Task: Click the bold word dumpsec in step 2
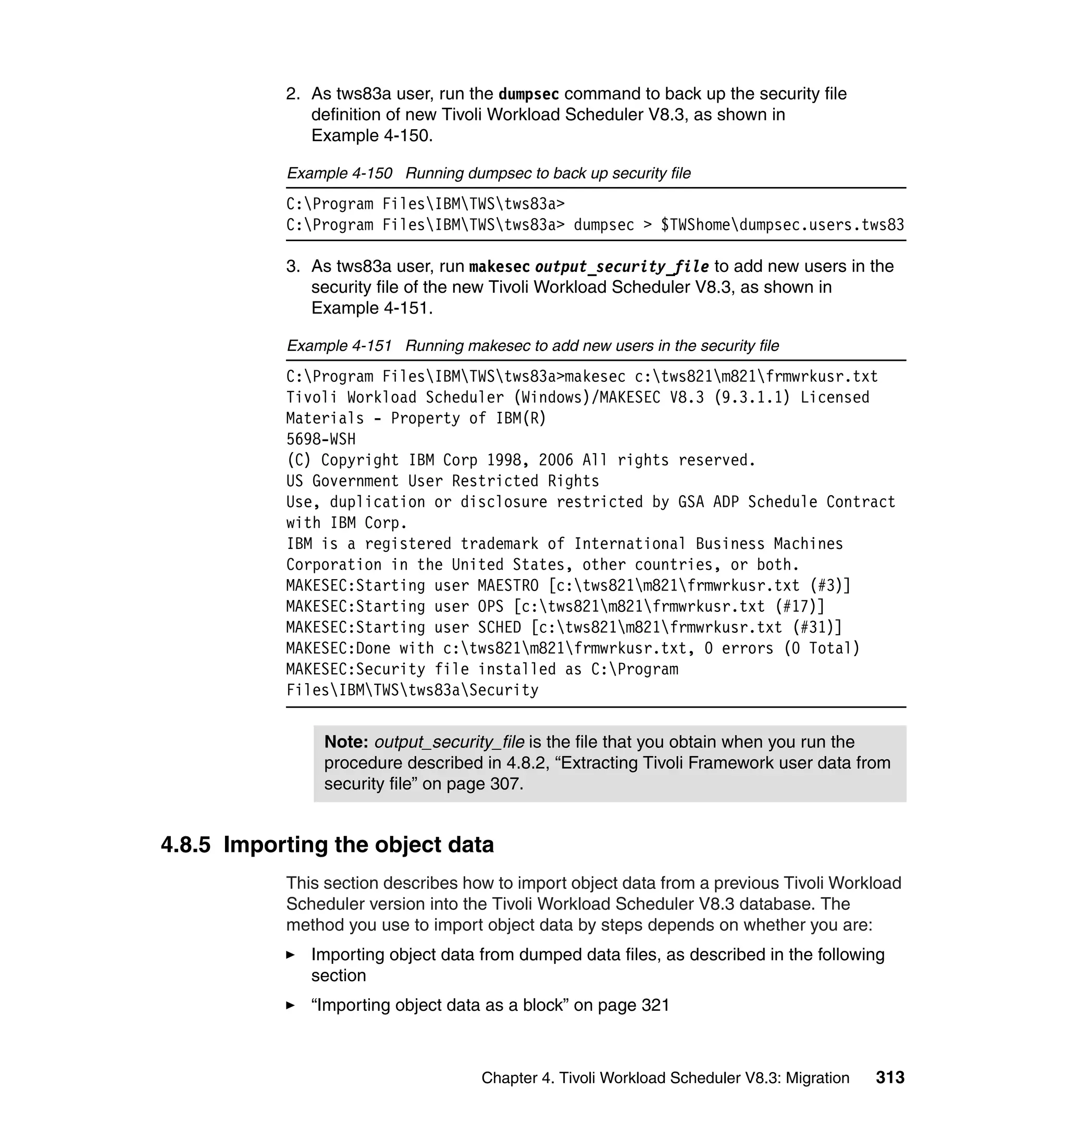(x=528, y=94)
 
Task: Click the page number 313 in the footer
(x=890, y=1077)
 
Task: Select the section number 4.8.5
(x=185, y=845)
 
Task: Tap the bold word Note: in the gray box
(x=346, y=742)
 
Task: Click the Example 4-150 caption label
(x=339, y=173)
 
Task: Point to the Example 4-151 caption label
(x=339, y=346)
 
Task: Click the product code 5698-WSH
(x=321, y=439)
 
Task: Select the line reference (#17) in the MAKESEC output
(x=799, y=607)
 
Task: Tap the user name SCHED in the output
(x=499, y=628)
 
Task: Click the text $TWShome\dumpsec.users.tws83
(x=782, y=225)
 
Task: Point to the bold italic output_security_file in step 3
(x=622, y=267)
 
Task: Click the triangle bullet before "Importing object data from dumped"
(x=290, y=955)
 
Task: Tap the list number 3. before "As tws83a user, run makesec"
(x=292, y=267)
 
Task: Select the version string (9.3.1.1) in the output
(x=752, y=397)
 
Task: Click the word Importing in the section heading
(x=276, y=845)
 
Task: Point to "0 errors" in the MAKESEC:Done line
(x=739, y=649)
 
